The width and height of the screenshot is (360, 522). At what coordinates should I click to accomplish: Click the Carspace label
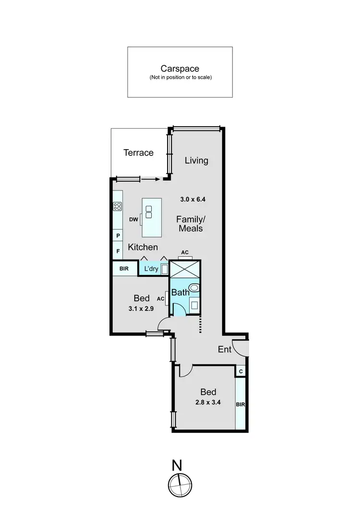tap(180, 69)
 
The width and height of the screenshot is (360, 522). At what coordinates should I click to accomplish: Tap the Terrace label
tap(138, 153)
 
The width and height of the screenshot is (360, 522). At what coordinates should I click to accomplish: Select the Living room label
tap(197, 160)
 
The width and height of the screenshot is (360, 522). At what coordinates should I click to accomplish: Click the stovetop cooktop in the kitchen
tap(117, 206)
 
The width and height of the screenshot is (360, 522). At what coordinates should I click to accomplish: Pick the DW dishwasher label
tap(133, 220)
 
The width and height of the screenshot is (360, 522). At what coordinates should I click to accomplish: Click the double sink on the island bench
tap(149, 212)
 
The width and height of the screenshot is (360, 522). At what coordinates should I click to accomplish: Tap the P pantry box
tap(118, 236)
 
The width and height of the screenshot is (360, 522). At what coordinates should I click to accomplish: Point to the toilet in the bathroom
tap(195, 288)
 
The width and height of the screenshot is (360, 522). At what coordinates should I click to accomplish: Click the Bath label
tap(180, 292)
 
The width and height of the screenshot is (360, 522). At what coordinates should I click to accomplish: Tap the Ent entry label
tap(225, 349)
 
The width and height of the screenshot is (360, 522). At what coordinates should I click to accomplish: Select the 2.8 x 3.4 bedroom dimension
tap(207, 403)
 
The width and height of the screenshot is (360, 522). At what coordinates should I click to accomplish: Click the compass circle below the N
tap(178, 483)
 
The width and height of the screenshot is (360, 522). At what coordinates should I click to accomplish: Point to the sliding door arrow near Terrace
tap(150, 179)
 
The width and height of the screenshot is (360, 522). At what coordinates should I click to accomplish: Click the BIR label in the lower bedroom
tap(240, 404)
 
